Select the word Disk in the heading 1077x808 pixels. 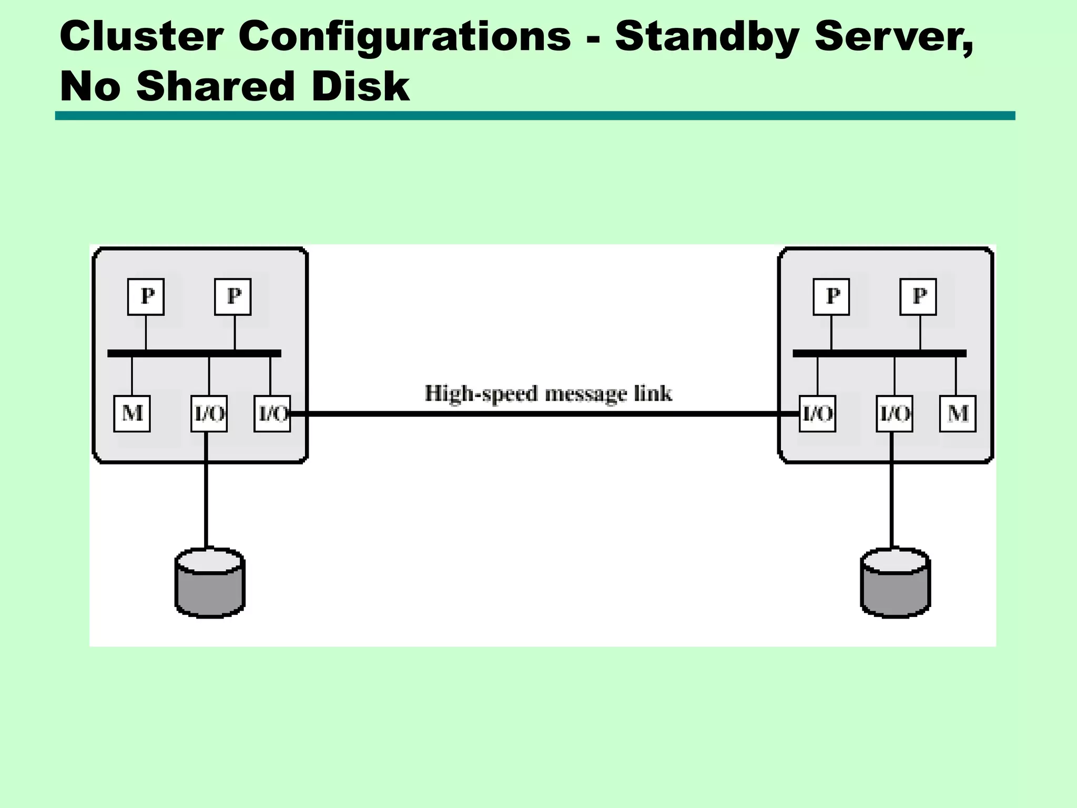[360, 87]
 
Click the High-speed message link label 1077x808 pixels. [548, 393]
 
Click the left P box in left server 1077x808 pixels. [146, 297]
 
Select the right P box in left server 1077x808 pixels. [233, 297]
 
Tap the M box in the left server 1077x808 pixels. [132, 414]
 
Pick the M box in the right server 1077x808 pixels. [958, 414]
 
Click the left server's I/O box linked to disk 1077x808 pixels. [209, 414]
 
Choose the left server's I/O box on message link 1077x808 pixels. [272, 414]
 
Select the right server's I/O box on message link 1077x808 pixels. [817, 414]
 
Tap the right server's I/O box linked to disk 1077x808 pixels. [894, 414]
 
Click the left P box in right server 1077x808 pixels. [831, 297]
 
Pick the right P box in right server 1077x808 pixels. [918, 297]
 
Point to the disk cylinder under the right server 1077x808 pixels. [895, 583]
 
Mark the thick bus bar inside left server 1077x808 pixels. [194, 353]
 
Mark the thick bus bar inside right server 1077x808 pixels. [879, 353]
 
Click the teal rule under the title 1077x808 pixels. [535, 116]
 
